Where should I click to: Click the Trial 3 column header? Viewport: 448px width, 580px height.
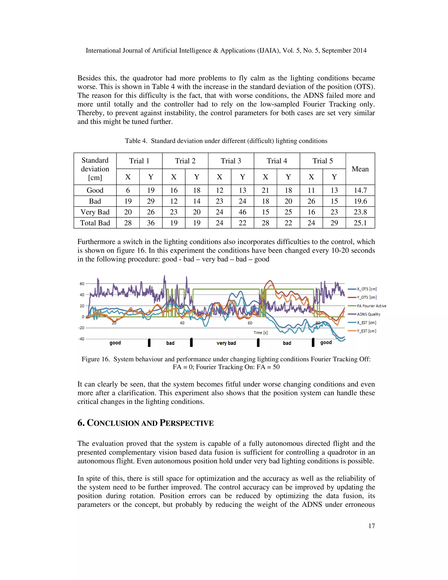(231, 161)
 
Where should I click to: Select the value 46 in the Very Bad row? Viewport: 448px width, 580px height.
(242, 212)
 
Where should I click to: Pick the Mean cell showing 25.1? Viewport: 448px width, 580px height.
(360, 223)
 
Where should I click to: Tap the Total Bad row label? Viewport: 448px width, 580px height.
(95, 223)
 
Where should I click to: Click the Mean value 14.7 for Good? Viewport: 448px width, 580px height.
(360, 190)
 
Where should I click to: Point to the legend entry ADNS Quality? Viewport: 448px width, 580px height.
(368, 314)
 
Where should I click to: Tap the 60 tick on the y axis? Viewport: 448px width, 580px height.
(82, 284)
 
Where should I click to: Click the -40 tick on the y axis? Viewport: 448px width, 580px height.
(81, 339)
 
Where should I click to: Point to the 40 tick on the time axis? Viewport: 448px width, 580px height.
(182, 323)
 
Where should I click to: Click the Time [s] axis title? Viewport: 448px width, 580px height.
(260, 332)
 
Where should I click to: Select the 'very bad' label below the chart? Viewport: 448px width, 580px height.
(226, 343)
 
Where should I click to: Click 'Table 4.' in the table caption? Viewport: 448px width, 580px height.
(136, 141)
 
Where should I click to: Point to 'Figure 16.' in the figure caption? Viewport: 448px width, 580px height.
(96, 359)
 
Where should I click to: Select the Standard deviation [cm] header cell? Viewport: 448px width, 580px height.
(95, 169)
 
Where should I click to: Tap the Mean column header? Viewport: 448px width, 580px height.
(360, 169)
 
